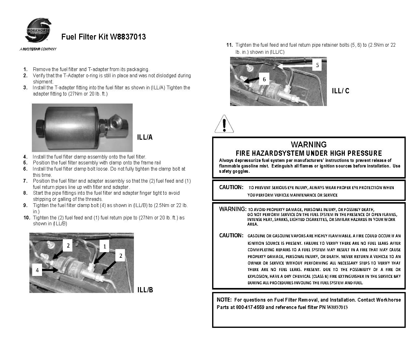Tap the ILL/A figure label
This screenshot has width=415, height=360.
(145, 137)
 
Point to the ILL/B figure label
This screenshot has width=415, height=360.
(145, 290)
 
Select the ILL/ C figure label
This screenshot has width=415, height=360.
(340, 91)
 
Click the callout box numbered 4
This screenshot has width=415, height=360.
(37, 270)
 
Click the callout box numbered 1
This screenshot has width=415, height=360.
(105, 246)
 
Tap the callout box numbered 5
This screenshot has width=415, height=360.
(317, 65)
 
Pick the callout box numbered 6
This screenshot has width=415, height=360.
(264, 79)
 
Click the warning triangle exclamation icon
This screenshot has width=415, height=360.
(224, 124)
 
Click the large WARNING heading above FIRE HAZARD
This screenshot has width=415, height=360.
(308, 145)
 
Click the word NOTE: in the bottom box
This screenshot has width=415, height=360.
(224, 300)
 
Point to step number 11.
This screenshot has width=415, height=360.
(229, 45)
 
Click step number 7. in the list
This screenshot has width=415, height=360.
(25, 181)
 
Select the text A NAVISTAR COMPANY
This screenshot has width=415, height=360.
(38, 49)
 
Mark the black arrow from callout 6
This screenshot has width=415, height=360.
(251, 80)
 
